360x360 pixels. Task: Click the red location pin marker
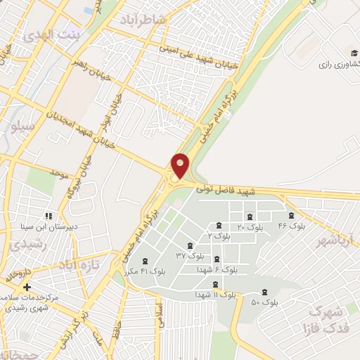coord(181,165)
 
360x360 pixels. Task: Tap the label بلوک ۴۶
coord(292,226)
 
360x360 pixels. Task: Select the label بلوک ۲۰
coord(250,227)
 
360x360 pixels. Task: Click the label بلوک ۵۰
coord(265,302)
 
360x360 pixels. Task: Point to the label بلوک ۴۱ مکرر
coord(143,271)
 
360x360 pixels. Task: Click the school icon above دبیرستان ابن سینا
coord(48,216)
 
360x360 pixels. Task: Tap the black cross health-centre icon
coord(27,287)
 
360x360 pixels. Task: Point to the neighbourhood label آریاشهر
coord(336,241)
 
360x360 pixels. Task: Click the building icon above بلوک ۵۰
coord(264,292)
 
